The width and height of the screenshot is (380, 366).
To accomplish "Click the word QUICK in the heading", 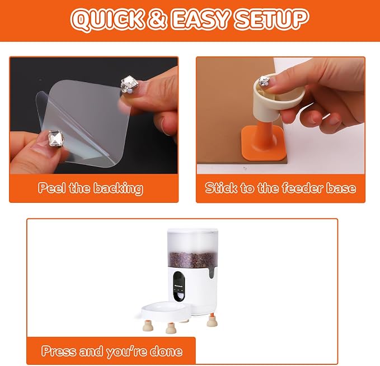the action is (x=107, y=19).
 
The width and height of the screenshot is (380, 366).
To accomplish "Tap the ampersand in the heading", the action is (x=158, y=19).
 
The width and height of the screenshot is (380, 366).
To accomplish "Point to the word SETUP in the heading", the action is (x=272, y=19).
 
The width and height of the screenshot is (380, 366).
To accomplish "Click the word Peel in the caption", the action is (x=51, y=188).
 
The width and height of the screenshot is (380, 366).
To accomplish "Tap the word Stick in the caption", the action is (x=221, y=188).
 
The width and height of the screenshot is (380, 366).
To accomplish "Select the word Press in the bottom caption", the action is (x=58, y=351).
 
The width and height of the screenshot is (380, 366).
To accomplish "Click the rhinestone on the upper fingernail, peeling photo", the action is (x=129, y=84).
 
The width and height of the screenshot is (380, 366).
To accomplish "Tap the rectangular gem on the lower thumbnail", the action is (x=55, y=139).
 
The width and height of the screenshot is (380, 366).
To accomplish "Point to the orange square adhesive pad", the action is (x=263, y=143).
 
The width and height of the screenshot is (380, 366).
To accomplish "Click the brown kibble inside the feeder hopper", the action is (x=193, y=260).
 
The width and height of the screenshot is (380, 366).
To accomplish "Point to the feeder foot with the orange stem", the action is (x=212, y=320).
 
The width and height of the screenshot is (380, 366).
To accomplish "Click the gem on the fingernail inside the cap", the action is (x=264, y=81).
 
